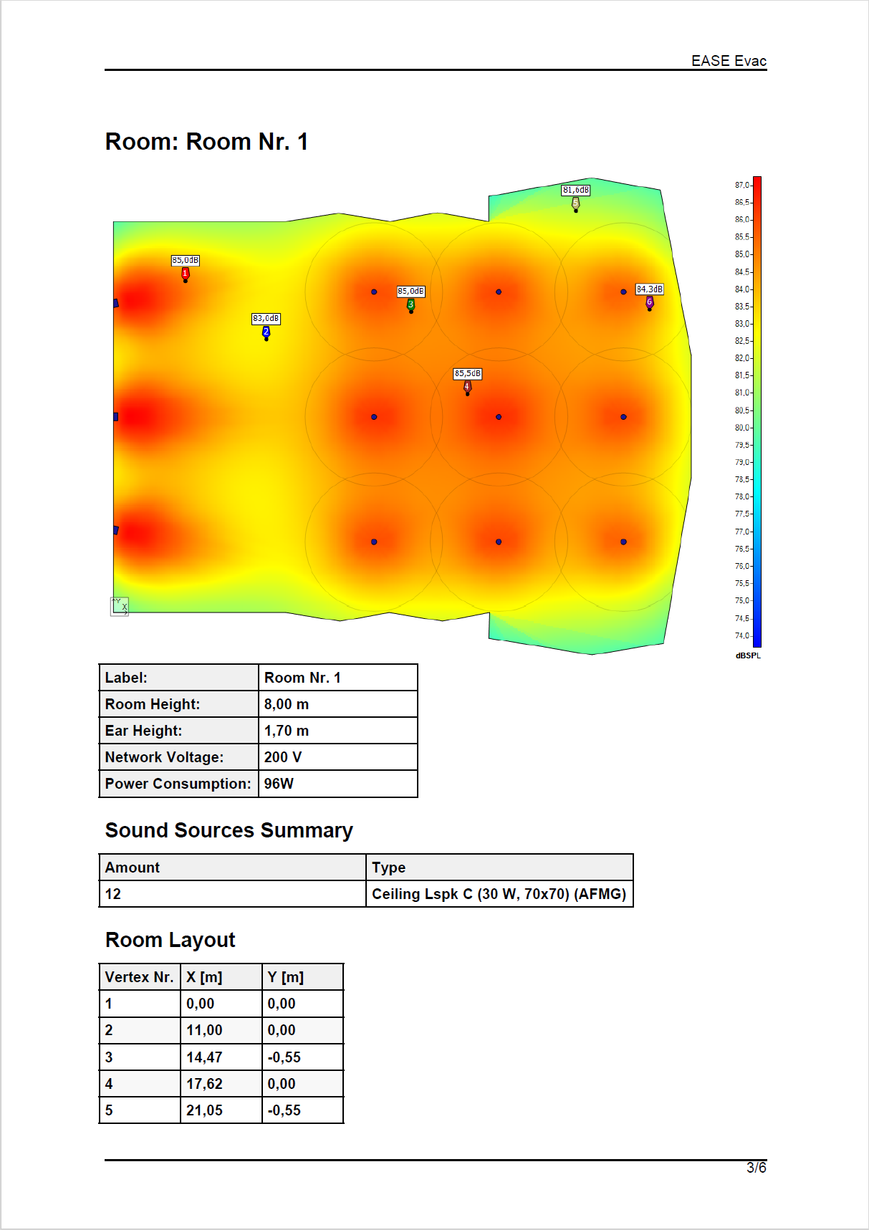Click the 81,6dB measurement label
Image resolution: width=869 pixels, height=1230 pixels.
576,190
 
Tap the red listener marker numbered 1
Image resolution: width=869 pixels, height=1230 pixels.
186,274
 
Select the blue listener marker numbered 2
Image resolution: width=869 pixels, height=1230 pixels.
267,332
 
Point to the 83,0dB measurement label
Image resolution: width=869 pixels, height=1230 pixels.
266,318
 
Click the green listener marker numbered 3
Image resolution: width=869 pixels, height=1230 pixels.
411,304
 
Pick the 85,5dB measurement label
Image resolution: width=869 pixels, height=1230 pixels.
468,373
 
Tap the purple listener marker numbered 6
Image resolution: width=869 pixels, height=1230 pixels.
650,302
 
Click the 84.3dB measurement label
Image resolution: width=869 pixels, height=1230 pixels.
650,289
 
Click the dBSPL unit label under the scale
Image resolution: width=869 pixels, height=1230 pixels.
748,655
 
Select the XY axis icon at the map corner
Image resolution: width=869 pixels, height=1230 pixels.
120,606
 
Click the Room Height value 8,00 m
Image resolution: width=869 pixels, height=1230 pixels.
287,704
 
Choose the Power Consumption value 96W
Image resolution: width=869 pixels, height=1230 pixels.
279,784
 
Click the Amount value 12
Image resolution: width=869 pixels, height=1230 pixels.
113,894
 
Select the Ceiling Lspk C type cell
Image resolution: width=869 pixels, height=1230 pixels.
499,894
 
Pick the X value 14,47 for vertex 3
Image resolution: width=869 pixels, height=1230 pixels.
204,1057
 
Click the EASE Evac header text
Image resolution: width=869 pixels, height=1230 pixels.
729,61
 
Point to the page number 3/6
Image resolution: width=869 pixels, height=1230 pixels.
757,1168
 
